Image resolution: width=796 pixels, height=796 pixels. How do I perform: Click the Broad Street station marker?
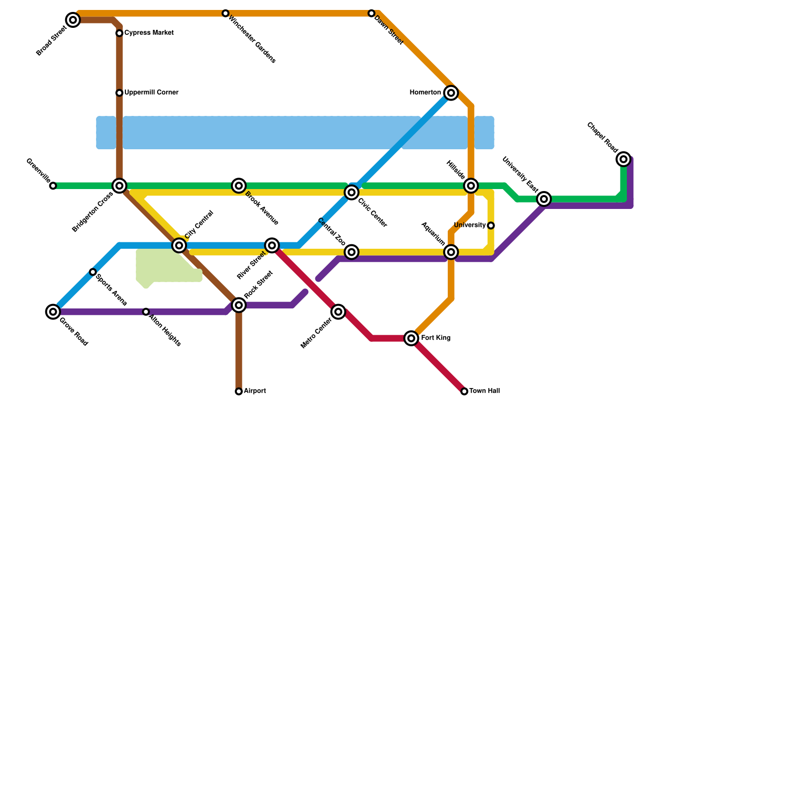pos(73,20)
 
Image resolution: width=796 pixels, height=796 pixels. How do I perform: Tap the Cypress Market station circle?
pos(119,33)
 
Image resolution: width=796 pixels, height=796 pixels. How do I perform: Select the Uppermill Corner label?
pos(151,93)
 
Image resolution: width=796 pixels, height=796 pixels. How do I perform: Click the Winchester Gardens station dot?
pos(225,13)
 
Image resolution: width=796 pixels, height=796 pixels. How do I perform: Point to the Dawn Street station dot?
pos(372,13)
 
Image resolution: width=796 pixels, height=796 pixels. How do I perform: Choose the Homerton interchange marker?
pos(451,93)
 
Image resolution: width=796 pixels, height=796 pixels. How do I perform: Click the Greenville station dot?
pos(53,186)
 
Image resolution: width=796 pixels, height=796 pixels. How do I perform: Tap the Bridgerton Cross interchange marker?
pos(119,186)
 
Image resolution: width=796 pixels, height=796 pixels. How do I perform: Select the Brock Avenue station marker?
pos(239,186)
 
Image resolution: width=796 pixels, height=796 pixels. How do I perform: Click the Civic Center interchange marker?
pos(352,193)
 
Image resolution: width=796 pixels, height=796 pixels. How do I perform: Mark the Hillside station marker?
pos(471,186)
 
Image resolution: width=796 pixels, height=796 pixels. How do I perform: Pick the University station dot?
pos(491,226)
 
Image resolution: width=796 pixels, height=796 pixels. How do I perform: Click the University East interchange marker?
pos(544,199)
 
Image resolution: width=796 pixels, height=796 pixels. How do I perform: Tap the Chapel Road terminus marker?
pos(624,159)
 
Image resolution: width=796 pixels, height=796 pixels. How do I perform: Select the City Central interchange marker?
pos(179,245)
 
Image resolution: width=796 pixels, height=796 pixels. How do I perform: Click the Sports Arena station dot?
pos(93,272)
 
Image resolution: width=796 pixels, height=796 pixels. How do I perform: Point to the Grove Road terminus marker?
pos(53,312)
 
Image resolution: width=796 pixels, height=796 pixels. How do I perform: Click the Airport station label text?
pos(255,391)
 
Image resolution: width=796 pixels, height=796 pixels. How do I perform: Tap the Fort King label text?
pos(435,338)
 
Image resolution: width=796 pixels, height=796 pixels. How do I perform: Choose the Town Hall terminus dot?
pos(464,392)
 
